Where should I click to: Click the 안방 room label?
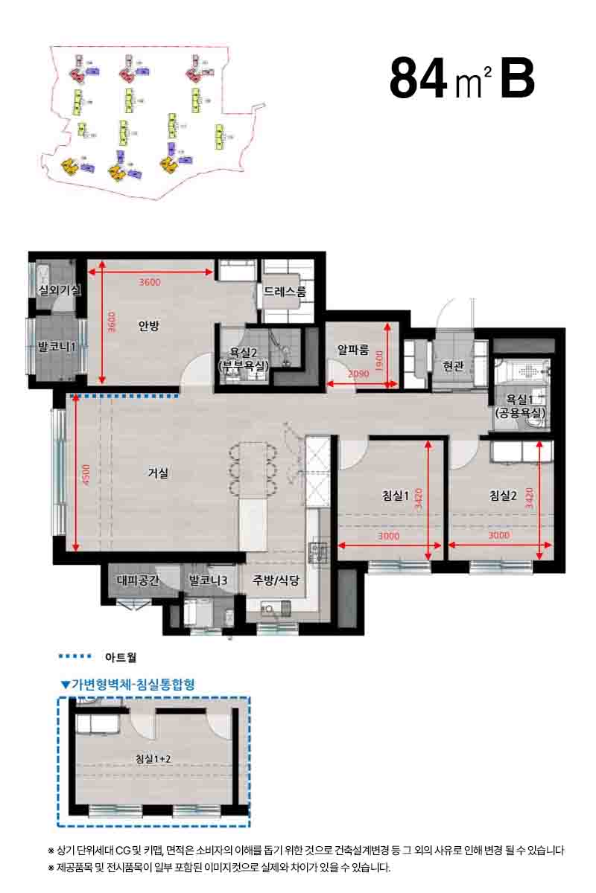pyautogui.click(x=150, y=325)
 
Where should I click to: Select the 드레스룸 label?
pyautogui.click(x=285, y=292)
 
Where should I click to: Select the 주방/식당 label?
pyautogui.click(x=276, y=580)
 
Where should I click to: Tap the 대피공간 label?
pyautogui.click(x=137, y=580)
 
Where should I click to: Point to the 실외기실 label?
pyautogui.click(x=58, y=290)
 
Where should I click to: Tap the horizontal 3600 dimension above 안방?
pyautogui.click(x=150, y=282)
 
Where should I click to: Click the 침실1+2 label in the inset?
pyautogui.click(x=153, y=759)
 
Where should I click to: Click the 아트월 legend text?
pyautogui.click(x=121, y=657)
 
